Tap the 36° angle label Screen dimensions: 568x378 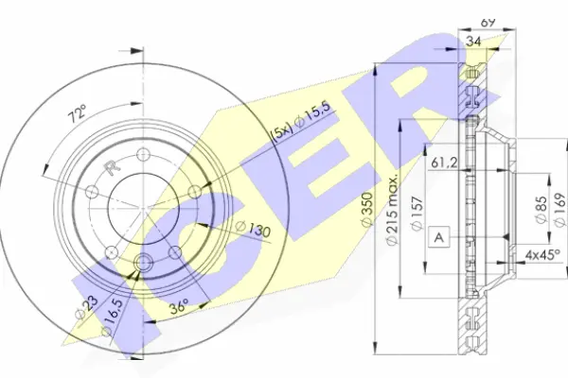click(180, 306)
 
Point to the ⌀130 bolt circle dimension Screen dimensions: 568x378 click(253, 229)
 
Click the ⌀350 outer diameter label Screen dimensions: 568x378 click(367, 210)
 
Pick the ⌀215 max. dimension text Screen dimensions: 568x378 click(392, 209)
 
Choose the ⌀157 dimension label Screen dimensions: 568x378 click(417, 214)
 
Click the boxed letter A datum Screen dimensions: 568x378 click(439, 237)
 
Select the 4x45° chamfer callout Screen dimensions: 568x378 click(542, 255)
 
